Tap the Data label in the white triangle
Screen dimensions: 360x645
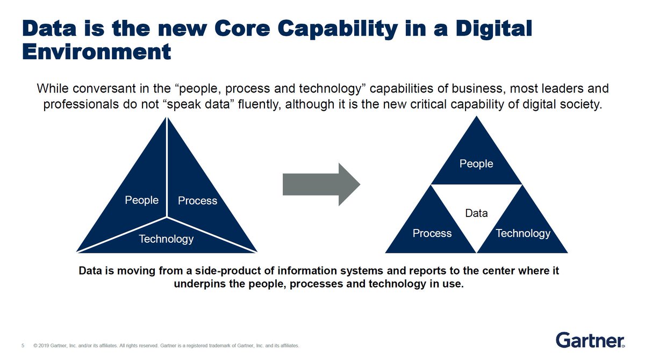point(476,213)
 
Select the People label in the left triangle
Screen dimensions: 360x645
point(141,200)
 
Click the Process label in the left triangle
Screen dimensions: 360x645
point(197,201)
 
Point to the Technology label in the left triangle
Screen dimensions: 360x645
point(166,239)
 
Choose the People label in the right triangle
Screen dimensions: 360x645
point(476,164)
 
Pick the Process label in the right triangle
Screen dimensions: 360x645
point(432,233)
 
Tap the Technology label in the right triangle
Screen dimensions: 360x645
point(523,233)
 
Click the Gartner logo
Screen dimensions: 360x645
point(590,341)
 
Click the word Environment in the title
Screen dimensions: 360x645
point(97,52)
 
